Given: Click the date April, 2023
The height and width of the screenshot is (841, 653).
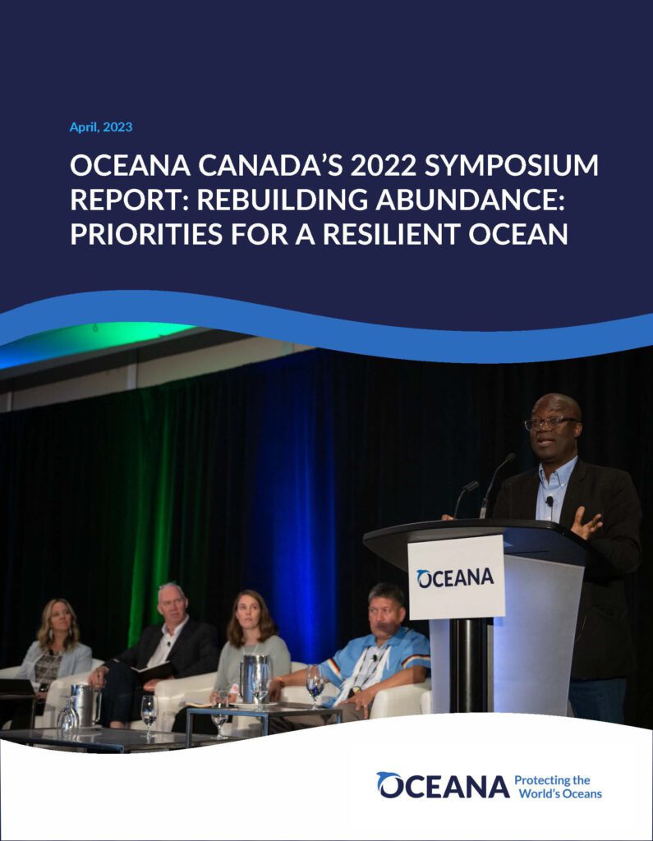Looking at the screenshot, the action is pyautogui.click(x=101, y=127).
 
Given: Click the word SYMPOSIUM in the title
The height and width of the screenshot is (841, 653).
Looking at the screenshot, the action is pyautogui.click(x=511, y=165).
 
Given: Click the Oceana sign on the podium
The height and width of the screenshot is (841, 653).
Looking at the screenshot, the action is pyautogui.click(x=456, y=577).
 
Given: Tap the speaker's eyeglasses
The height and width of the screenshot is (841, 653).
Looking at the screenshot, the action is pyautogui.click(x=550, y=423).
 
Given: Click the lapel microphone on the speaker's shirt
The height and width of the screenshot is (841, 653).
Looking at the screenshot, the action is pyautogui.click(x=550, y=501).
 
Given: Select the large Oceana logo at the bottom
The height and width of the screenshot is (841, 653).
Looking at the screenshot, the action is pyautogui.click(x=444, y=786).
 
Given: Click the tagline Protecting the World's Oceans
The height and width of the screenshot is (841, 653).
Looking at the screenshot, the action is pyautogui.click(x=558, y=787).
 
